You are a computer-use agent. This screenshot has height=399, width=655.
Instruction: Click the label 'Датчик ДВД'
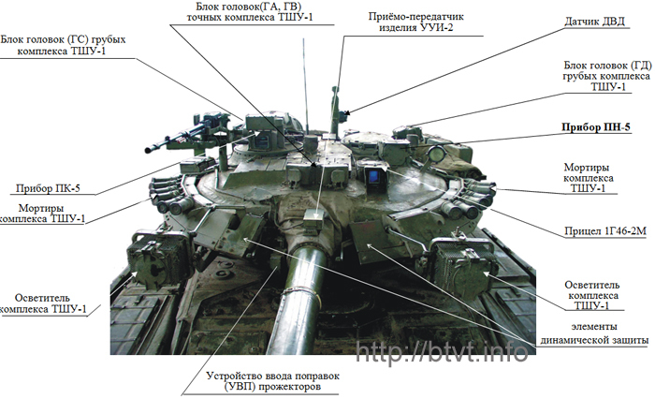coord(594,22)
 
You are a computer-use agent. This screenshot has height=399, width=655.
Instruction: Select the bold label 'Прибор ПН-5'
coord(596,127)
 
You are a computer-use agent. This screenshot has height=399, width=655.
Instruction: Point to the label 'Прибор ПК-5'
coord(48,187)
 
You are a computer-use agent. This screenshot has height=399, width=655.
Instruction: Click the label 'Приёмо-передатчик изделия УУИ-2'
coord(416,22)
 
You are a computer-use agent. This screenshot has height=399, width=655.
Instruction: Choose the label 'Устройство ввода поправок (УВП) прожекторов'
coord(272,381)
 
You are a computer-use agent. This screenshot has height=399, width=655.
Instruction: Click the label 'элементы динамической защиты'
coord(594,333)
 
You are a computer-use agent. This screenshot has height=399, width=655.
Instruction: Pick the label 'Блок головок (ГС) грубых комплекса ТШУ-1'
coord(63,45)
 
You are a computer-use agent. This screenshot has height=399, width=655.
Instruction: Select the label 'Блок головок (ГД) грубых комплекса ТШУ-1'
coord(607,76)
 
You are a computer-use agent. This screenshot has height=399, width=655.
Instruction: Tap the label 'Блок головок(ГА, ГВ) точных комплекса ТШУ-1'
coord(250,12)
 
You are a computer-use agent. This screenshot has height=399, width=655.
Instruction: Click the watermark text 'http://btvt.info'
coord(441,352)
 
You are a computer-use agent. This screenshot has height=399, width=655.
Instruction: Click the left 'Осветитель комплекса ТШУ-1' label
coord(43,303)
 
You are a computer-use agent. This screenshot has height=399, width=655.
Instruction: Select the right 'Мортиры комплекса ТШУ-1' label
coord(589,178)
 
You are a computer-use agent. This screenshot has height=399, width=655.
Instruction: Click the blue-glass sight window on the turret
coord(374,176)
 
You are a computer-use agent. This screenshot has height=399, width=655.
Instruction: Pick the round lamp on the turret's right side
coord(437,155)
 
